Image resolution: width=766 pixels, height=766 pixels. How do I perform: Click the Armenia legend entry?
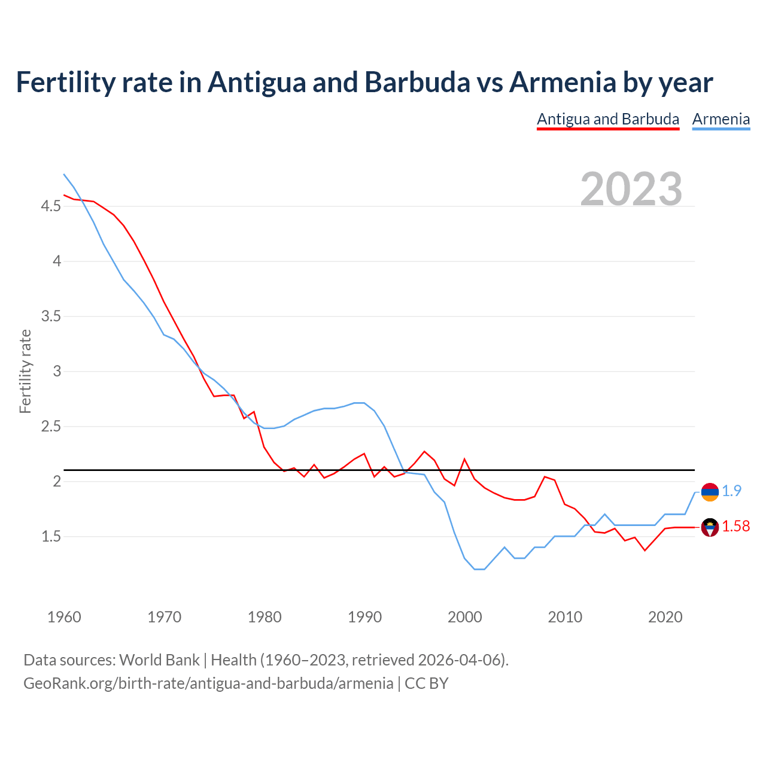click(721, 119)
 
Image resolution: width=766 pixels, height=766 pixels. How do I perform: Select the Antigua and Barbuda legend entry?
click(608, 119)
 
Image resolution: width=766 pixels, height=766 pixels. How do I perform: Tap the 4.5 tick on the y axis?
click(51, 206)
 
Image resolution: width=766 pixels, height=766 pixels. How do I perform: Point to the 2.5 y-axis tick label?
click(51, 427)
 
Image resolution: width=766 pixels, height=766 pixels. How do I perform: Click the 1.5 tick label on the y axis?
click(51, 537)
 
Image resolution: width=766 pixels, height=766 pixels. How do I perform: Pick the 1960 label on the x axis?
click(64, 617)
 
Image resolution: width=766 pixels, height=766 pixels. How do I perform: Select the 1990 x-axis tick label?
click(364, 617)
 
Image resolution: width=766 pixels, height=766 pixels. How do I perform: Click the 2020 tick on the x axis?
click(665, 617)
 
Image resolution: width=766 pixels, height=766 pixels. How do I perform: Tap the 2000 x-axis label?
click(464, 617)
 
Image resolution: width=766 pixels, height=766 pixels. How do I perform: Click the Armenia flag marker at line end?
click(710, 492)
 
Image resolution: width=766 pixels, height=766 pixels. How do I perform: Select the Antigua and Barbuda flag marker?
click(710, 527)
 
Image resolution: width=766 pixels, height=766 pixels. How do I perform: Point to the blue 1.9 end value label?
click(731, 491)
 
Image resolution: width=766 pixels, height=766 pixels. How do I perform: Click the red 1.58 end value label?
click(735, 527)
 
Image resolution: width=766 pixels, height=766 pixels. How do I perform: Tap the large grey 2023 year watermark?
click(631, 189)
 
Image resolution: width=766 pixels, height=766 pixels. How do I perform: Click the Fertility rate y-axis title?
click(25, 371)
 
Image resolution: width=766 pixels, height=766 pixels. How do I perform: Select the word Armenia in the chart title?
click(563, 83)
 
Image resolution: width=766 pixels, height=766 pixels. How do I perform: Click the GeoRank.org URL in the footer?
click(208, 683)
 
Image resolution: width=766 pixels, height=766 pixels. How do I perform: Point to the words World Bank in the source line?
click(159, 660)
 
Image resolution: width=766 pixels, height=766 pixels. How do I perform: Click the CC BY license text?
click(427, 683)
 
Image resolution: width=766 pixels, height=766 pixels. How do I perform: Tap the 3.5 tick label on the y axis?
click(51, 317)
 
